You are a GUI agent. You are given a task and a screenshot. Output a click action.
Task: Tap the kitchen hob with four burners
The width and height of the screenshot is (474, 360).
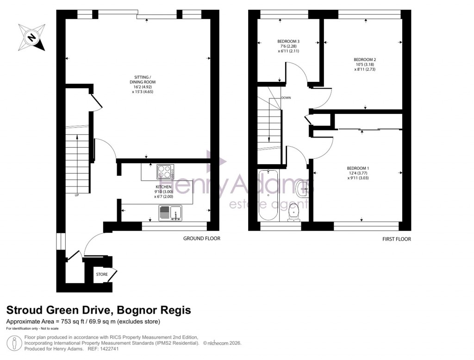164,172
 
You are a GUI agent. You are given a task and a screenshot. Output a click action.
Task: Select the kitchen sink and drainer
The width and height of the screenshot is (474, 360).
169,213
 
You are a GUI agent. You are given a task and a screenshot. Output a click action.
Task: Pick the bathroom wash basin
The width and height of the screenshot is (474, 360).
303,189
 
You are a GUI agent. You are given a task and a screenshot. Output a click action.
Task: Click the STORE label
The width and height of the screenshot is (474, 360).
102,274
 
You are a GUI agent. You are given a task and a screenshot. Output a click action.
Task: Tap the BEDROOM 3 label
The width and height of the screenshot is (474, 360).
288,42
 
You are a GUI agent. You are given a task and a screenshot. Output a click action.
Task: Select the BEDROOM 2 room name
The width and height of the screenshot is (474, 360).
365,60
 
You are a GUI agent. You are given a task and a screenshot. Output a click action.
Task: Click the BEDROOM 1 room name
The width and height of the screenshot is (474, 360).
358,168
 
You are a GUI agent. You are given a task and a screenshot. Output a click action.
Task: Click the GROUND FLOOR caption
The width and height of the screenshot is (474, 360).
202,239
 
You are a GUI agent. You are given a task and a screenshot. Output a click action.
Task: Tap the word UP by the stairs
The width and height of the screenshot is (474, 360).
77,195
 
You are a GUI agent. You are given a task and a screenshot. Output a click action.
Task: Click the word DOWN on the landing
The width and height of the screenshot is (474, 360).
286,98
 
